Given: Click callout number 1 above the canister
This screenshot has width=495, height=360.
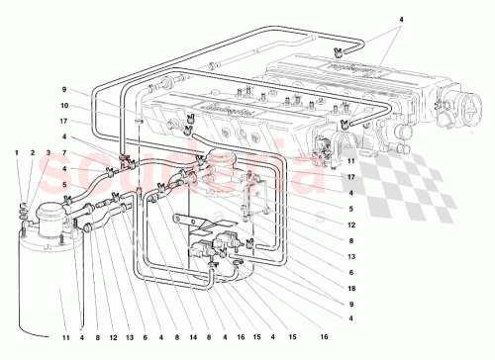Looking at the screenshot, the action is pyautogui.click(x=17, y=152).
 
